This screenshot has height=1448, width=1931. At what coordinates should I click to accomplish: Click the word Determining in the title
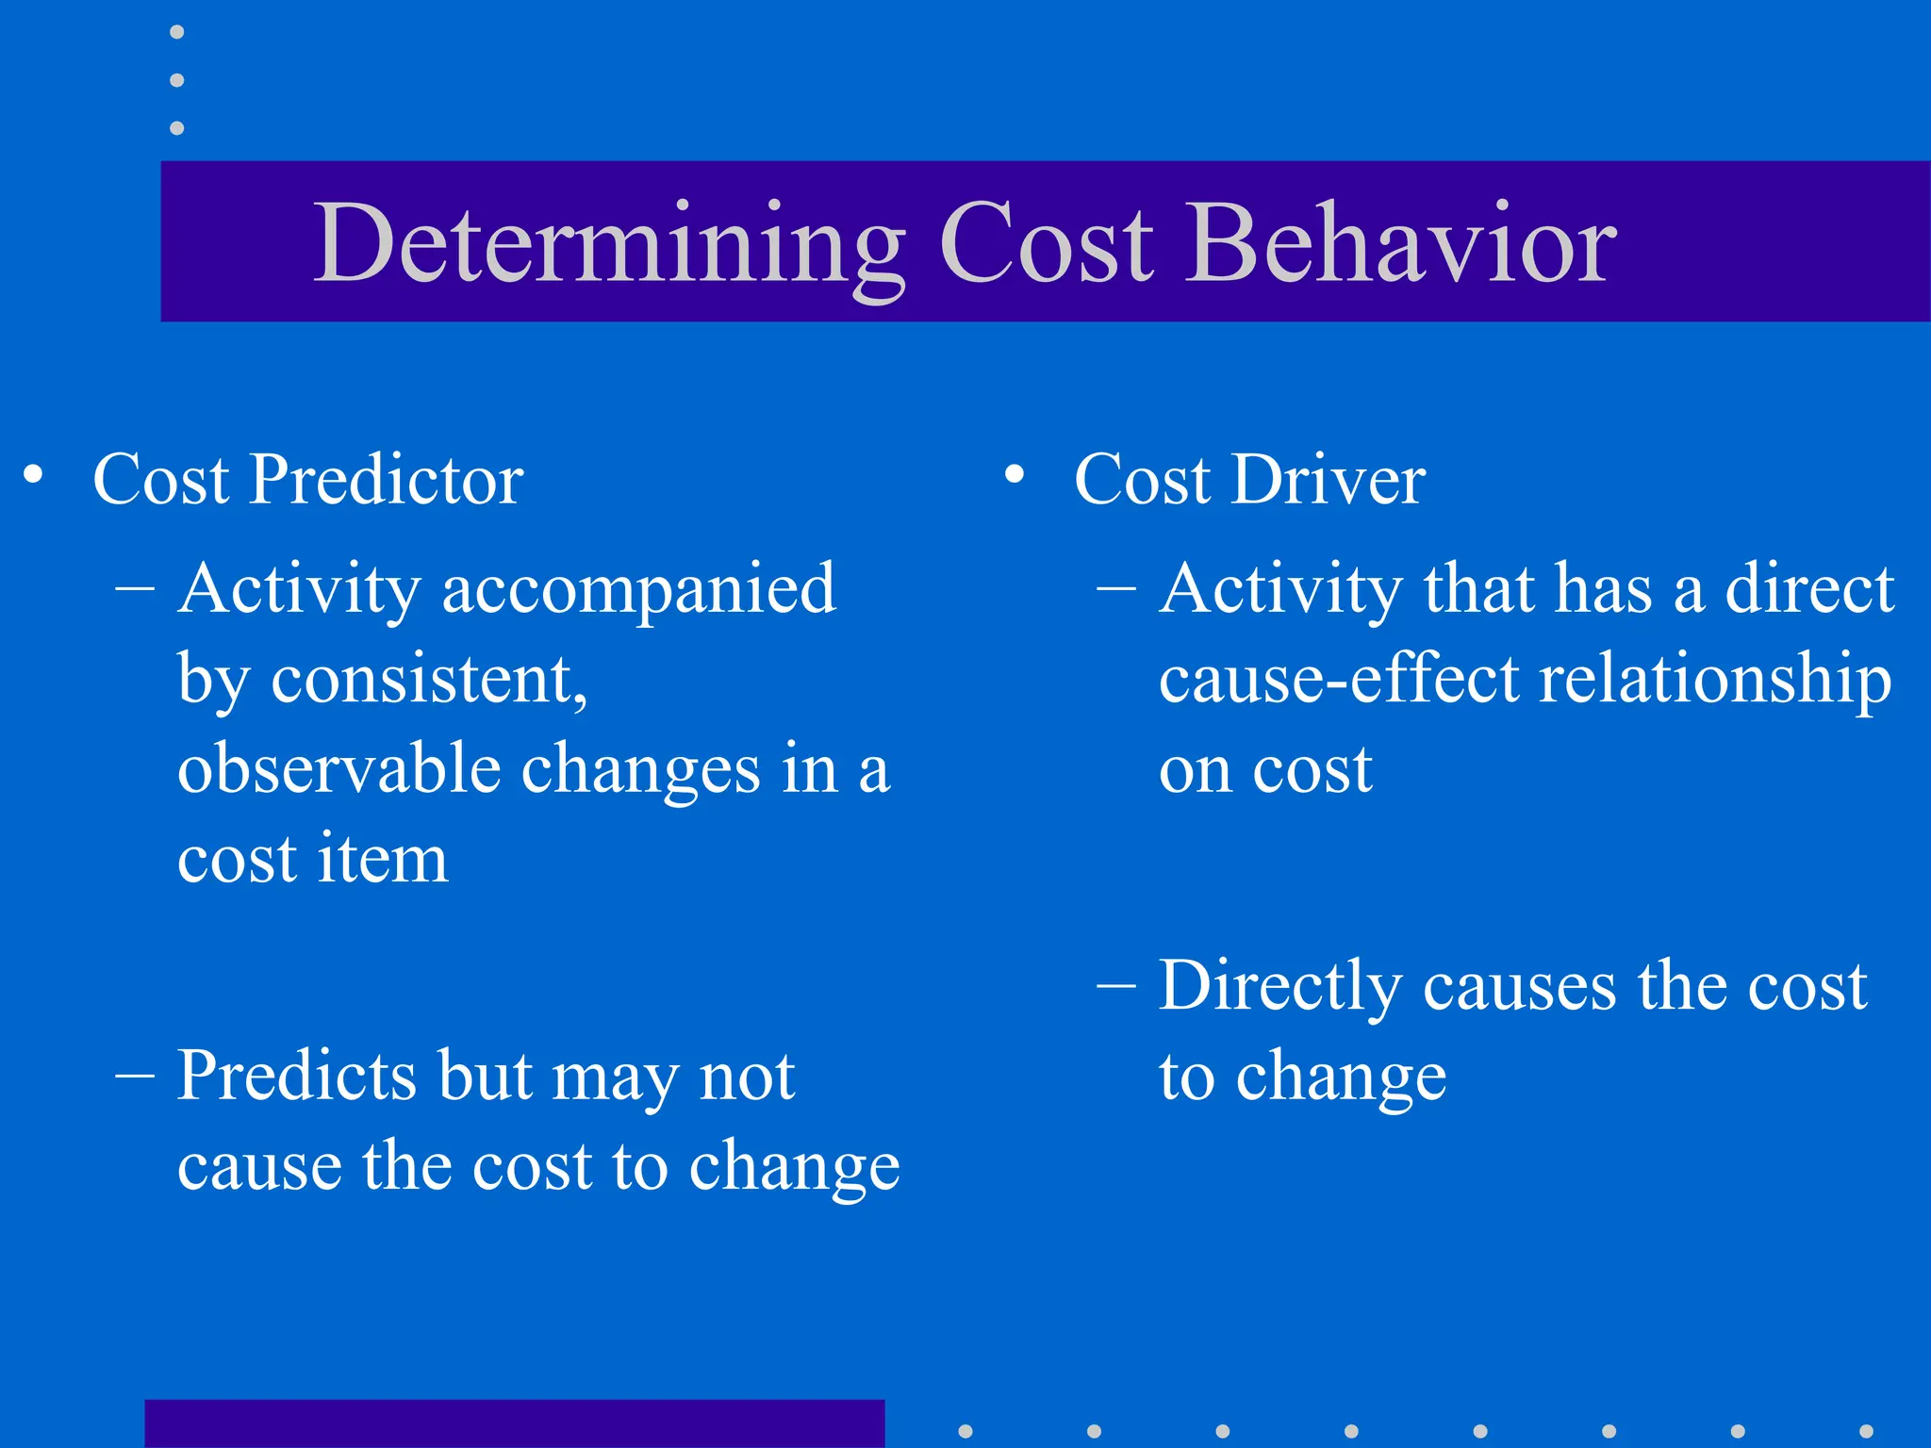pyautogui.click(x=608, y=245)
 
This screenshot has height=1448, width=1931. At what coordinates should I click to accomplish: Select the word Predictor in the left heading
pyautogui.click(x=386, y=480)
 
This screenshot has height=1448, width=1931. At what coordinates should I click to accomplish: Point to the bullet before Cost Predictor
pyautogui.click(x=34, y=474)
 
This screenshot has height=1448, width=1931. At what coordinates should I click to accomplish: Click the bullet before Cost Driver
pyautogui.click(x=1015, y=474)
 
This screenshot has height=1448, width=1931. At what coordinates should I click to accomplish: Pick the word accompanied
pyautogui.click(x=638, y=590)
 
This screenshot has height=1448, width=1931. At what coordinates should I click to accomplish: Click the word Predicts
pyautogui.click(x=296, y=1076)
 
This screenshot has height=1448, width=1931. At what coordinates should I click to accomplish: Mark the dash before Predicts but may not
pyautogui.click(x=135, y=1075)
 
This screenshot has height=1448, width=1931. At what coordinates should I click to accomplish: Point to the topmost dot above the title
pyautogui.click(x=176, y=32)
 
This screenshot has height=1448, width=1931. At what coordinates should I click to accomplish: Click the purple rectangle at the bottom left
pyautogui.click(x=514, y=1423)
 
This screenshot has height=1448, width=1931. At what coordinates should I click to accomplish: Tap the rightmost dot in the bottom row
pyautogui.click(x=1866, y=1431)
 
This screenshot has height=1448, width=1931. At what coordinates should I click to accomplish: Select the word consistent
pyautogui.click(x=429, y=679)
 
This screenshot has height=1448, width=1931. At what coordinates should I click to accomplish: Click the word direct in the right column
pyautogui.click(x=1809, y=590)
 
